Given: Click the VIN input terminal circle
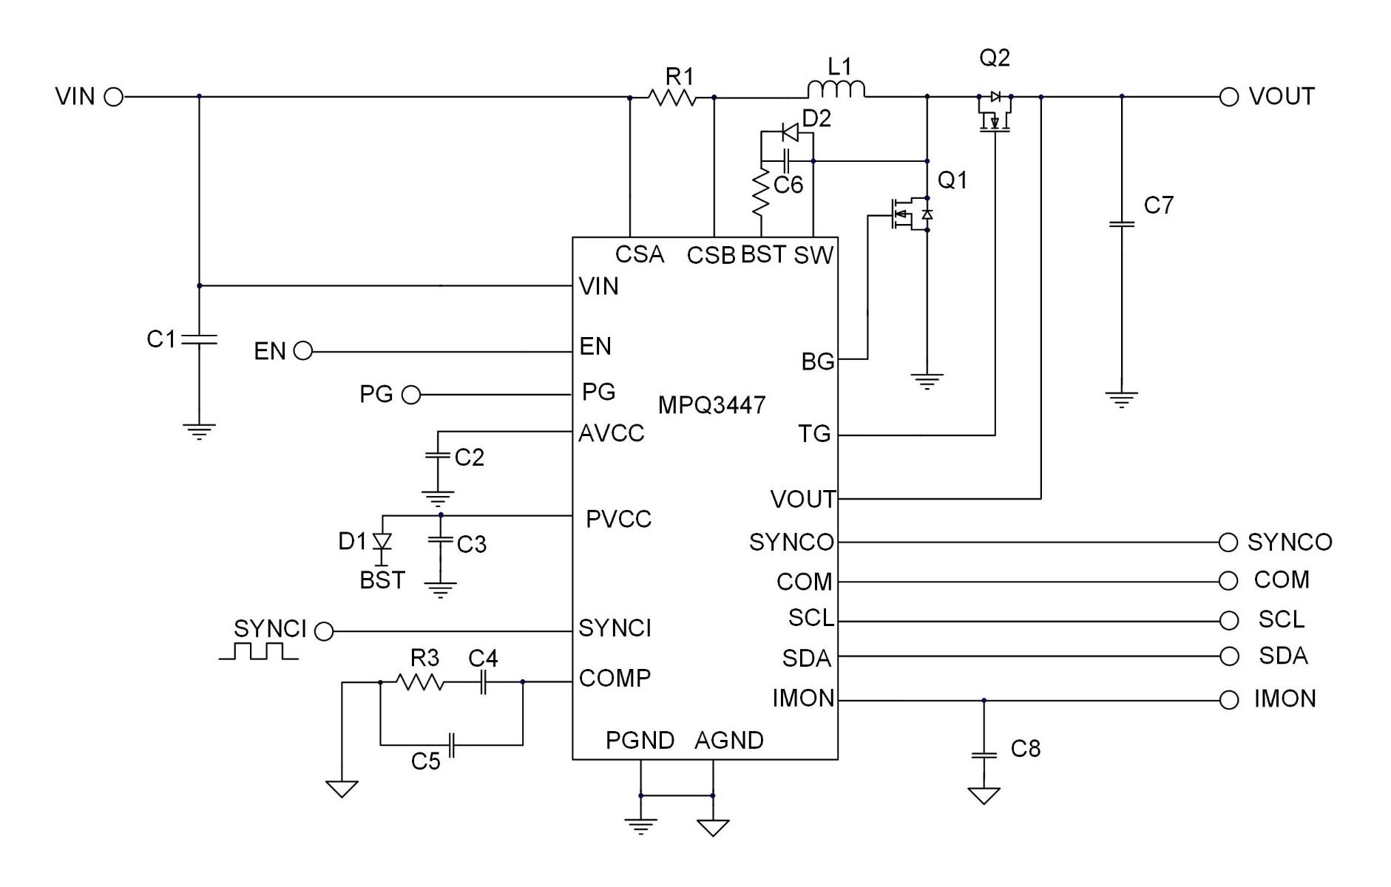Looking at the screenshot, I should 113,97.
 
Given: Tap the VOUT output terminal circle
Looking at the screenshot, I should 1228,97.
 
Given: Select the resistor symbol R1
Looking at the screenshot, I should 671,97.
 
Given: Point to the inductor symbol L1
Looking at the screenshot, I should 836,90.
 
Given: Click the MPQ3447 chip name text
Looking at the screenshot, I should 711,405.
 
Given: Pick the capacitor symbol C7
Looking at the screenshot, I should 1121,223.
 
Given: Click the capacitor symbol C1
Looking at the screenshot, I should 199,339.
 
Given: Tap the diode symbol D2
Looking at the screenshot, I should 790,133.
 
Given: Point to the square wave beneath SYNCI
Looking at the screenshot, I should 258,651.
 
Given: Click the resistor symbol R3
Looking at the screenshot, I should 421,682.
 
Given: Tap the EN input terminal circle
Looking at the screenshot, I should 302,351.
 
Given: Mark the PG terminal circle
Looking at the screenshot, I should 410,395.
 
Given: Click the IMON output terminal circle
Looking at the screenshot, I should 1228,700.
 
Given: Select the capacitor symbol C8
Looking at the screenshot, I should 984,755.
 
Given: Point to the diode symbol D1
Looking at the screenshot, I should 382,542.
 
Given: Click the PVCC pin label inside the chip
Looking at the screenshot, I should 618,520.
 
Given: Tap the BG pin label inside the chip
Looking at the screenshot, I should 817,361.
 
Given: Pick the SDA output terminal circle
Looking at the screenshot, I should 1228,656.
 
